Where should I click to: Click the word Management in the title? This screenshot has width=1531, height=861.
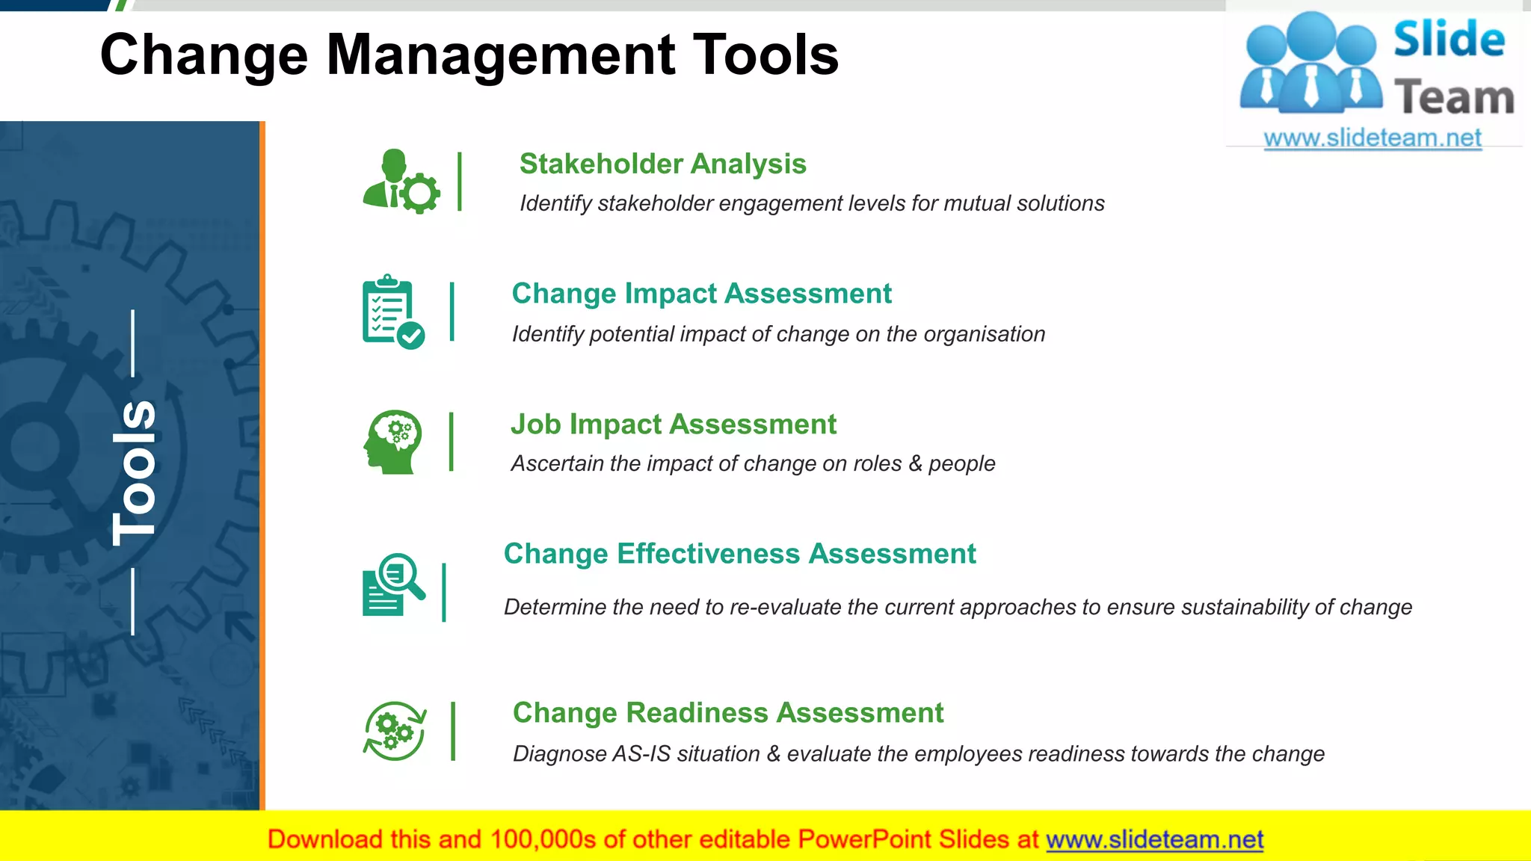[x=501, y=56]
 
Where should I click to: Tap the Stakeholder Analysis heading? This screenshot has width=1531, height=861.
[x=662, y=164]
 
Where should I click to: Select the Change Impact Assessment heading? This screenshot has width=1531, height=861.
[x=701, y=294]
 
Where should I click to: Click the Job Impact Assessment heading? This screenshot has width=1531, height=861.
[x=673, y=425]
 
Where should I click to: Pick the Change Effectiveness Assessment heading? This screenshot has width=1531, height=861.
[x=739, y=554]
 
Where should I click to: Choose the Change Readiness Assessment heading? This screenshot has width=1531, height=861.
[x=727, y=713]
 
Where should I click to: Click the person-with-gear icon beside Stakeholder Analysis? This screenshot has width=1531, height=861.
[x=401, y=182]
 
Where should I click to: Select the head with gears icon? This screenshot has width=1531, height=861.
[x=393, y=442]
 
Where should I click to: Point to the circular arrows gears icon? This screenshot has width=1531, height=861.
[x=395, y=731]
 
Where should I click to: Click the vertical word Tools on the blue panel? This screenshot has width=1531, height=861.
[x=135, y=472]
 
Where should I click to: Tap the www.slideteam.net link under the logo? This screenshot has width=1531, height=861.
[x=1372, y=138]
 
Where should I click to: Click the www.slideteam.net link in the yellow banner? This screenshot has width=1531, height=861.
[x=1154, y=840]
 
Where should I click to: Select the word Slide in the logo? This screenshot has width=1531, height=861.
[x=1449, y=40]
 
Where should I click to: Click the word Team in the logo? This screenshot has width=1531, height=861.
[x=1453, y=98]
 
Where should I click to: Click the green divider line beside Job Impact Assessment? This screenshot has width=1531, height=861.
[x=451, y=442]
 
